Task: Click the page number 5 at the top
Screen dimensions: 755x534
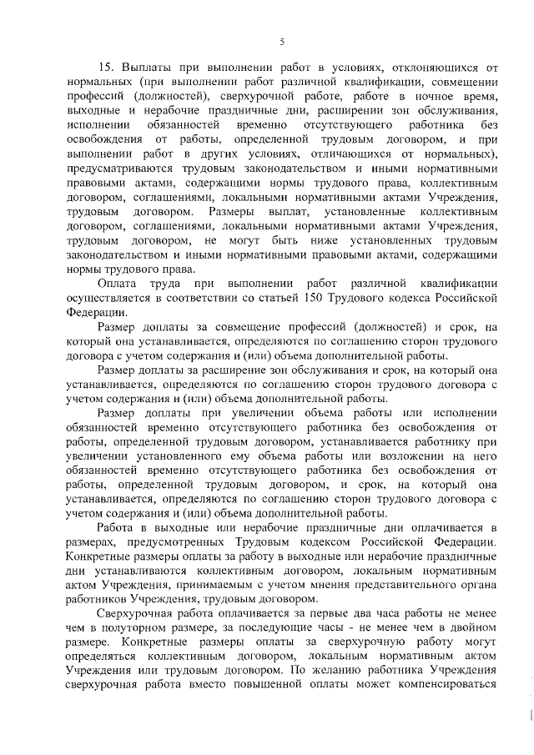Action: [x=282, y=43]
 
